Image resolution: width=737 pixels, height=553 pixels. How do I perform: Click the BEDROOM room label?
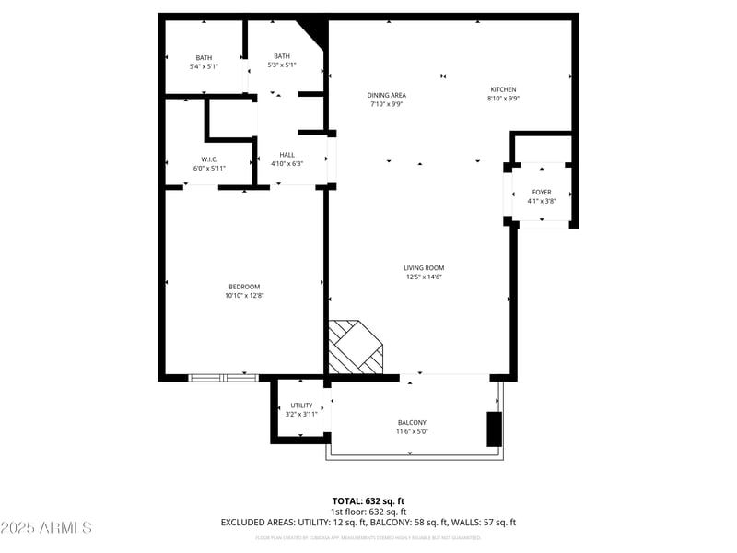click(244, 286)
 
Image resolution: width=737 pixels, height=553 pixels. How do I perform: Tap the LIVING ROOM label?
click(425, 268)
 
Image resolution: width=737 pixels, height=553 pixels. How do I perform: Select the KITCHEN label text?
click(503, 89)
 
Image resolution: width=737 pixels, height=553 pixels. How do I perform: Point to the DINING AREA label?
click(387, 95)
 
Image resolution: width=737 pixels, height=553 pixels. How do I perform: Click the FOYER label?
click(542, 192)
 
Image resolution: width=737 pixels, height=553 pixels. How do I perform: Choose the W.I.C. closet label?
click(209, 159)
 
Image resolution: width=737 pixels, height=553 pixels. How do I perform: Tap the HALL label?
click(287, 155)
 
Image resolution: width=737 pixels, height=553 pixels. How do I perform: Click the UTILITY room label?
click(301, 406)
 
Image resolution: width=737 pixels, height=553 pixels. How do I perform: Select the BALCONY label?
click(412, 422)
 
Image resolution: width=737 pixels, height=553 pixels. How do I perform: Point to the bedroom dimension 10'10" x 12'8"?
click(244, 296)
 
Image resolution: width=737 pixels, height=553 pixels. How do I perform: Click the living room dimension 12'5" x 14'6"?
click(425, 277)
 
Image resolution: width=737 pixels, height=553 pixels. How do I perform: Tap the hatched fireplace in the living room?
click(355, 347)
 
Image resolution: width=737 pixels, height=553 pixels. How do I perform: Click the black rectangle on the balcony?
click(495, 429)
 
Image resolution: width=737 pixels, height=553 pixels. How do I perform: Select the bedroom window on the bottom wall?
click(223, 377)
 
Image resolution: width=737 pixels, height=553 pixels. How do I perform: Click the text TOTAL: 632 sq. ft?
click(368, 500)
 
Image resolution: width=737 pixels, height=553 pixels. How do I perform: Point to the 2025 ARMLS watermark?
click(46, 528)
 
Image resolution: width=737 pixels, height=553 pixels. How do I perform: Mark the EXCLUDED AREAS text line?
click(368, 523)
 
